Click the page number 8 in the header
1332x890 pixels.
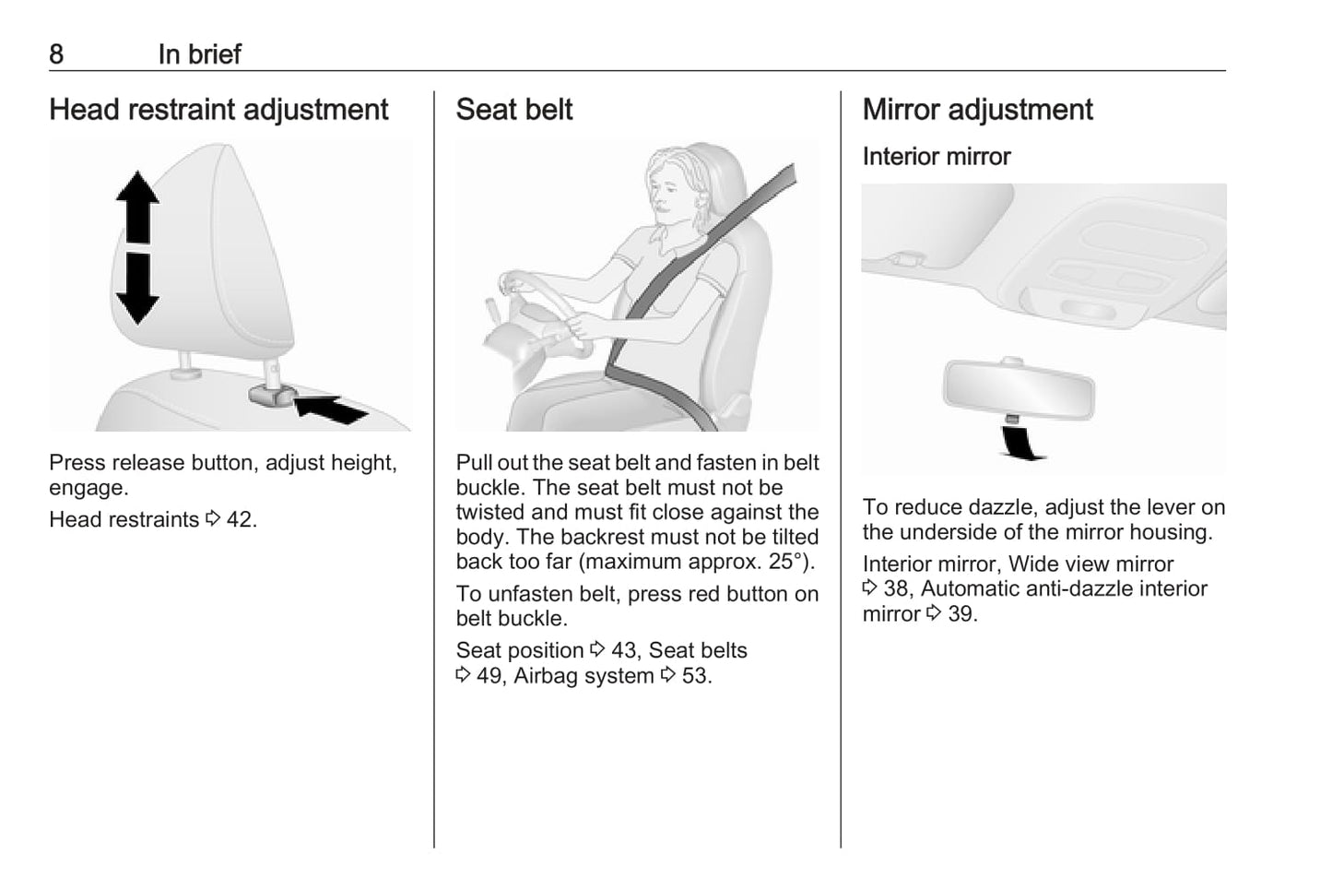[56, 54]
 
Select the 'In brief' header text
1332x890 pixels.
[199, 54]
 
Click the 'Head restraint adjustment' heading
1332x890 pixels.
[218, 110]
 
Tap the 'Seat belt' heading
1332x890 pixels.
[513, 110]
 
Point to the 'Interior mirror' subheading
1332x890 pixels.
[936, 157]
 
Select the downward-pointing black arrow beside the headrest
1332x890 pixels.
[137, 289]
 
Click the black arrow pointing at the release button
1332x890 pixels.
[330, 409]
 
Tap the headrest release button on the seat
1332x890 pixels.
[272, 395]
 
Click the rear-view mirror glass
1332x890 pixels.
[1019, 390]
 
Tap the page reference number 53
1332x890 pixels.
[693, 676]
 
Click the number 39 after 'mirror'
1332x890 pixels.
[960, 614]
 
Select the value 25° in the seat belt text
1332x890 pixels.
[784, 562]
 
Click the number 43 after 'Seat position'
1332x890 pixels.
[624, 650]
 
